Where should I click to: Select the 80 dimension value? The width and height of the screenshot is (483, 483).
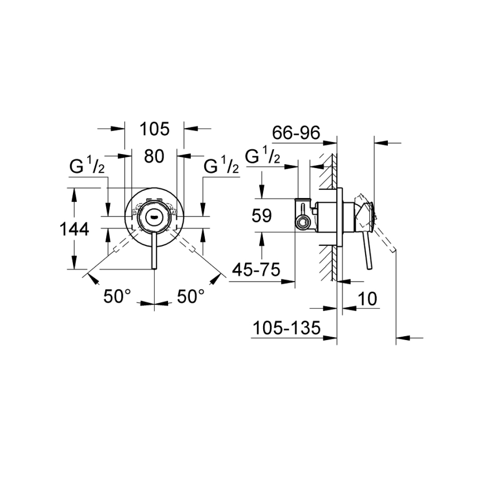[154, 156]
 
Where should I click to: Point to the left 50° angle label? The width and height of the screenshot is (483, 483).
[117, 296]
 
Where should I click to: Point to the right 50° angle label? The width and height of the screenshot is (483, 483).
[191, 296]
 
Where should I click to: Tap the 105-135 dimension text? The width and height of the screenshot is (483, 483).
[286, 328]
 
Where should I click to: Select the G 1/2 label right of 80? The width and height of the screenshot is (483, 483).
[221, 165]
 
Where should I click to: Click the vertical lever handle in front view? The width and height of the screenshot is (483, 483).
[154, 250]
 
